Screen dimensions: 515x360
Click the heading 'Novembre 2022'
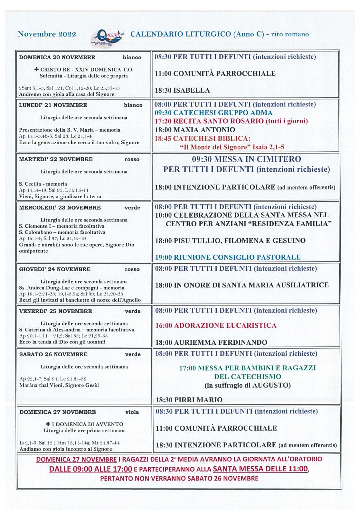tap(47, 34)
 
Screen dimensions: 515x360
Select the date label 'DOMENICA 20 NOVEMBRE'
tap(57, 58)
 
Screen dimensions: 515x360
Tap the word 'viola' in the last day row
tap(132, 412)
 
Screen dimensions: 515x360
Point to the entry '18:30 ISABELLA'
tap(182, 90)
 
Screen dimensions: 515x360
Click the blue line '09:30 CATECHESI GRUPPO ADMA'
tap(213, 113)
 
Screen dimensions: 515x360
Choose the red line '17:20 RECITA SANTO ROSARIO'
tap(231, 121)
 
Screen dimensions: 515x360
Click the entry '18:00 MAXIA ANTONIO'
tap(195, 130)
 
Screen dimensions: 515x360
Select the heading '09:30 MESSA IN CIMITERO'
tap(246, 159)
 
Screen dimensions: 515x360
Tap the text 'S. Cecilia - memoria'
tap(43, 184)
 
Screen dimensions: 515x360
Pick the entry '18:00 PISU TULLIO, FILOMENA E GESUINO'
tap(230, 241)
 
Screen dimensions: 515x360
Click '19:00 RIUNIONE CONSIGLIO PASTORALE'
tap(228, 257)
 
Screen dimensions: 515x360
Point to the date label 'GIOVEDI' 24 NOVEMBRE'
tap(55, 269)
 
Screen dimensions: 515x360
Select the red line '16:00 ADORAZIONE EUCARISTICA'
tap(216, 326)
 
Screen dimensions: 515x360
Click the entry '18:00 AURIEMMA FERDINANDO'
tap(211, 342)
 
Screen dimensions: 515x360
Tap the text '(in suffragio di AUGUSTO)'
tap(248, 386)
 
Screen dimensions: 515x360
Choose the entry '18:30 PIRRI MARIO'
tap(189, 400)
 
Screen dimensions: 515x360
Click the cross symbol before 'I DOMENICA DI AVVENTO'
tap(48, 424)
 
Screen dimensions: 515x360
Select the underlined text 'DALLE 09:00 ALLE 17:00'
tap(90, 469)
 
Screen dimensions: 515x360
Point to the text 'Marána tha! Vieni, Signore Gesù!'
tap(59, 385)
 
